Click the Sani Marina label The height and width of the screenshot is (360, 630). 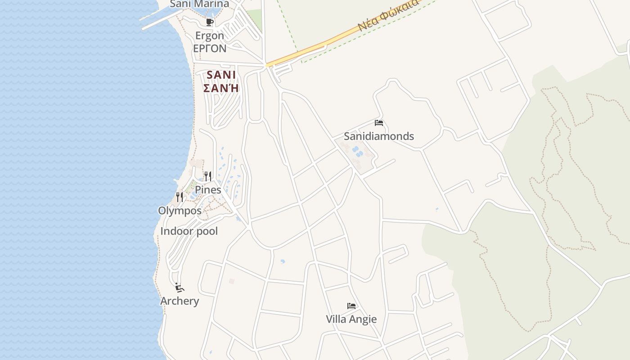(x=199, y=4)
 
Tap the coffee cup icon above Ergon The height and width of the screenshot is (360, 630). (x=209, y=22)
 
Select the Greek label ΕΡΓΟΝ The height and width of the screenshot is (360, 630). (x=210, y=48)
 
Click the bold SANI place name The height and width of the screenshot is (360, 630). (x=221, y=75)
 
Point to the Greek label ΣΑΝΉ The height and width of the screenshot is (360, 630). (x=220, y=88)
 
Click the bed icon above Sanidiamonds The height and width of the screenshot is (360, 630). (x=379, y=123)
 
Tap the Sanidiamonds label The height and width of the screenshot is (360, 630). (x=378, y=136)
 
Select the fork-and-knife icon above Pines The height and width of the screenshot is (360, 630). (x=207, y=176)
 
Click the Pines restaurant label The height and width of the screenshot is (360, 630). (x=208, y=190)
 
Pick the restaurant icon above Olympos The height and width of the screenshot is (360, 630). (x=180, y=197)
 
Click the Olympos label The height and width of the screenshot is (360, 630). (x=180, y=211)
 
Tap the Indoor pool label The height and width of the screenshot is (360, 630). (x=189, y=231)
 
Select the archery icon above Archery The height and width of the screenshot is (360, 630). (x=179, y=287)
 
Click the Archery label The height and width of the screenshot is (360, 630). (x=180, y=301)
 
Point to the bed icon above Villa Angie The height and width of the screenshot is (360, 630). (x=351, y=306)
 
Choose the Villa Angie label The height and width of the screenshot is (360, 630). (x=351, y=319)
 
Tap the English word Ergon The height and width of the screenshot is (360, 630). (x=209, y=36)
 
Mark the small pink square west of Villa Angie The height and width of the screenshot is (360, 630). (x=232, y=281)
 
